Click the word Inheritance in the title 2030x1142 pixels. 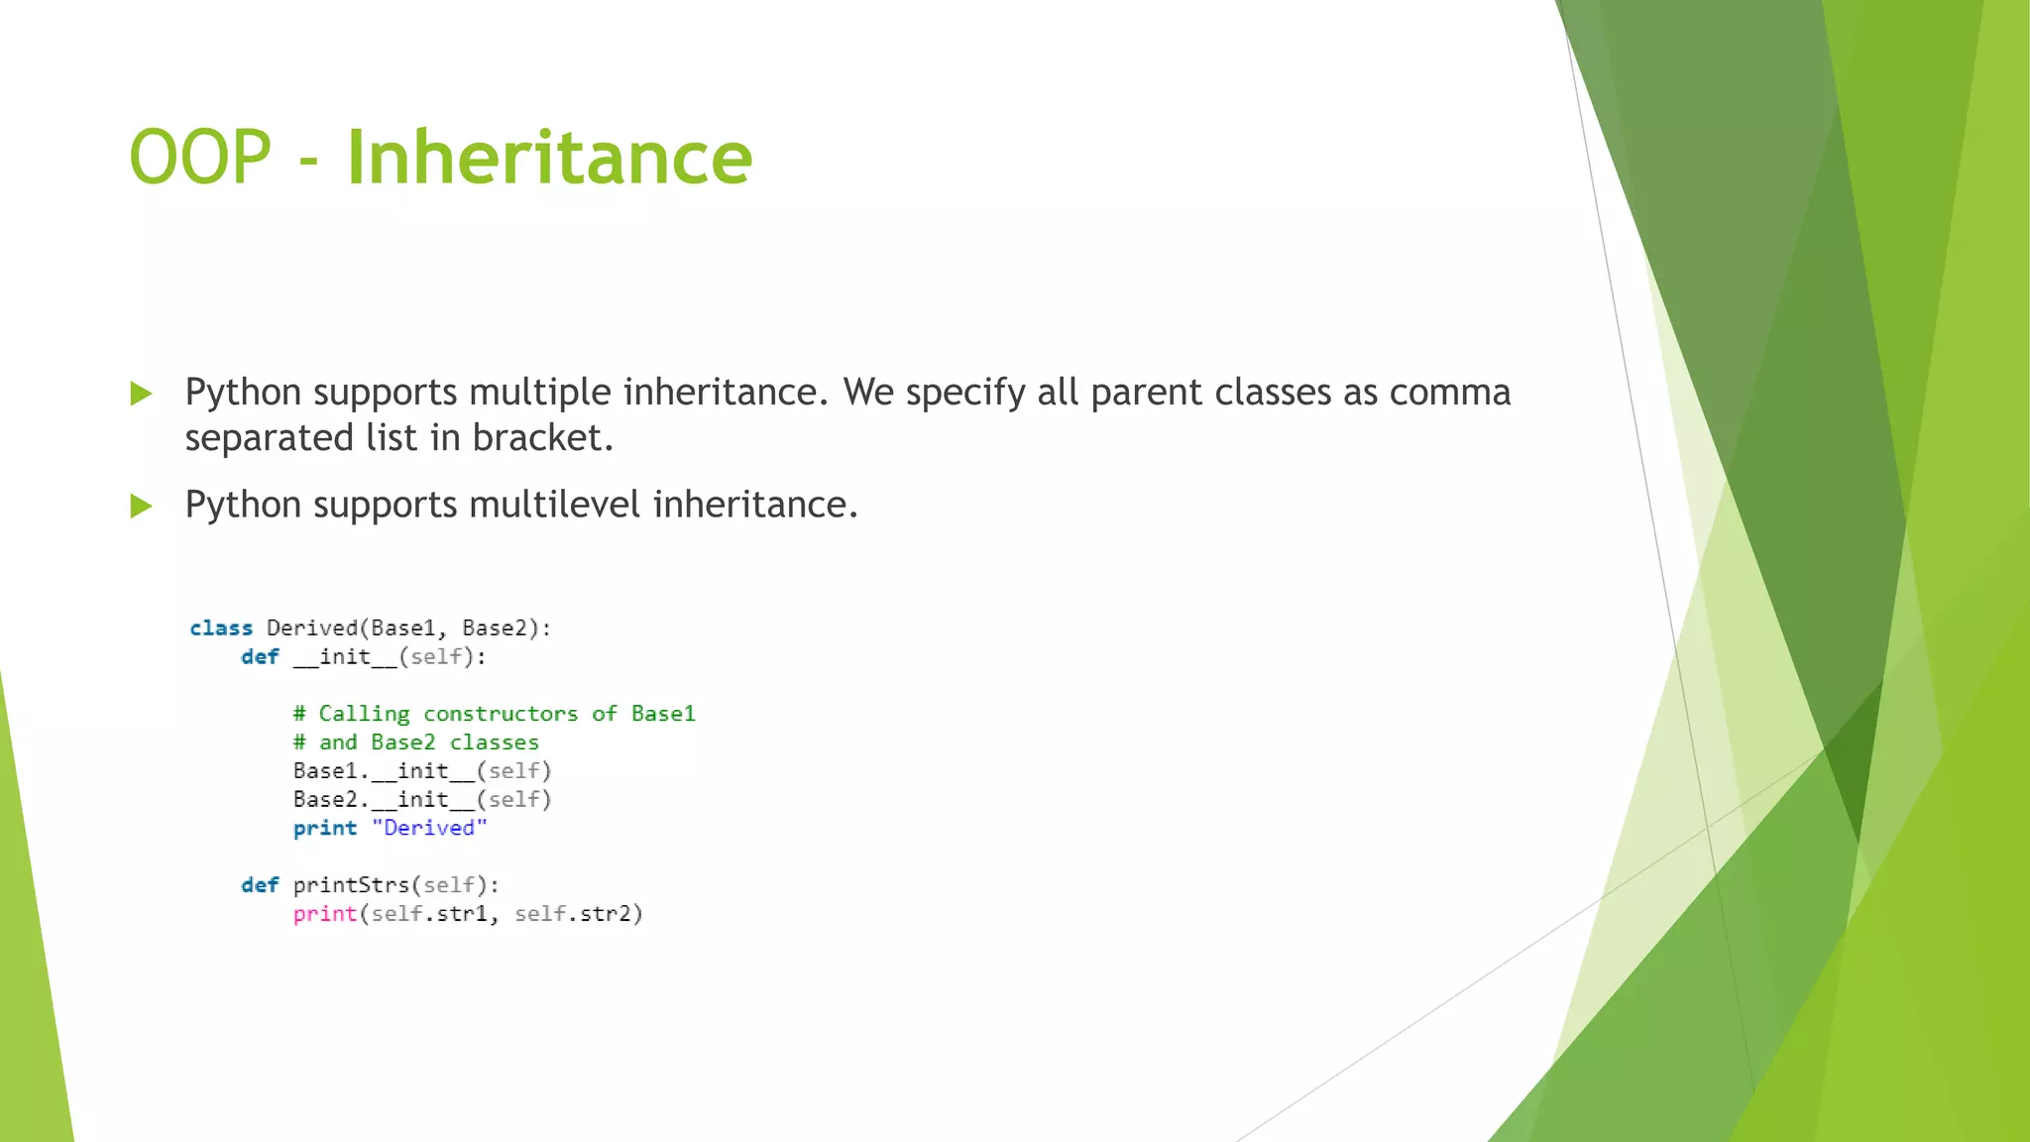(549, 159)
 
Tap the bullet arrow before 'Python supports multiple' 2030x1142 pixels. (142, 394)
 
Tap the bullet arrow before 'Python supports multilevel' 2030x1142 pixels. (142, 507)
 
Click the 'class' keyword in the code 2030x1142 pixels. (221, 628)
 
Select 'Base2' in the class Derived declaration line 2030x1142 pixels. (494, 628)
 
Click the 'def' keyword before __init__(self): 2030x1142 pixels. (260, 657)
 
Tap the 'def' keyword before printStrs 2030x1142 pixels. (260, 885)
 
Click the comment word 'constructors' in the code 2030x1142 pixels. (501, 714)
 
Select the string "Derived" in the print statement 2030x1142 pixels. (429, 829)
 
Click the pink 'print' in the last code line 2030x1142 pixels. (324, 914)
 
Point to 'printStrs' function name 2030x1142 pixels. (351, 885)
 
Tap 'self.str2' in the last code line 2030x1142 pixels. (578, 914)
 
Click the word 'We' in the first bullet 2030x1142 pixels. (867, 393)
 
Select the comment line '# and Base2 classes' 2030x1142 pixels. (416, 742)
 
